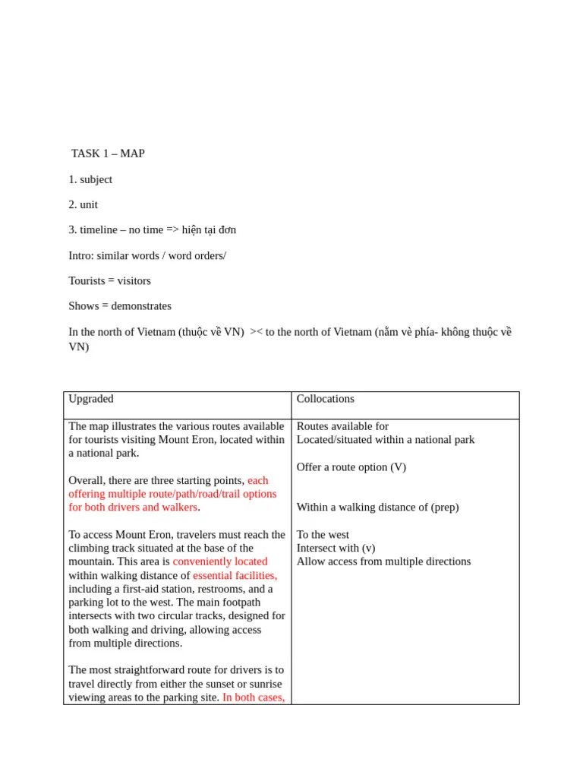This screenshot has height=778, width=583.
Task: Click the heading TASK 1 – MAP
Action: [x=108, y=153]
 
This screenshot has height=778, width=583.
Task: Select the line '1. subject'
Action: [x=90, y=179]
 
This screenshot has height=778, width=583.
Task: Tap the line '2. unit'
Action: [x=84, y=204]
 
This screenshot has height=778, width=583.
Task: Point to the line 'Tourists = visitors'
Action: [x=110, y=280]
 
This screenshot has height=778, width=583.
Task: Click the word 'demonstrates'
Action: [x=141, y=306]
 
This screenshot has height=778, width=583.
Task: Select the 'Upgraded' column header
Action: [x=91, y=399]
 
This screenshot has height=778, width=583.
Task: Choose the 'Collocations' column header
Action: [x=326, y=399]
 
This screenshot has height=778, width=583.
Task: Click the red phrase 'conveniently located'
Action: [x=220, y=561]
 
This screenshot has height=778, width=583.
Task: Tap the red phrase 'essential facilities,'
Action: [x=235, y=575]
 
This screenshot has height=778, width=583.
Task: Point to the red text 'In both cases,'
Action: [x=254, y=697]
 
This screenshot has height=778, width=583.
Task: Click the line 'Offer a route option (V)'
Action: [x=351, y=467]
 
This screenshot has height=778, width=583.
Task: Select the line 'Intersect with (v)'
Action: [x=336, y=548]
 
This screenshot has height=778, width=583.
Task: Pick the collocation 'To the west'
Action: [x=323, y=535]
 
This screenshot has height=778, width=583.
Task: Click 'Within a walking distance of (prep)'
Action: [x=377, y=507]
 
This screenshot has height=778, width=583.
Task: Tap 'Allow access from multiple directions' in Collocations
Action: [x=383, y=561]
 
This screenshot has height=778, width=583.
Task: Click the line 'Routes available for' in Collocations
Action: [x=342, y=426]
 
